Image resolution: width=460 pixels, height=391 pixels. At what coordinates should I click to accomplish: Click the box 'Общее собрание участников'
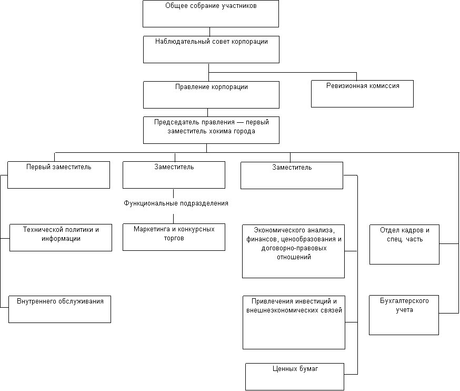211,14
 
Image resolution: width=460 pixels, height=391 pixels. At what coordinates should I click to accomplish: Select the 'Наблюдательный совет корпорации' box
211,50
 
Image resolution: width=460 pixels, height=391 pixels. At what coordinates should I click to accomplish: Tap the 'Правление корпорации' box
211,95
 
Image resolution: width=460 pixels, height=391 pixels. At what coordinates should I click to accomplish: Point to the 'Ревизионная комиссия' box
362,94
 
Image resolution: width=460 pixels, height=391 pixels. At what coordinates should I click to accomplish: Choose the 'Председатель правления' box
211,130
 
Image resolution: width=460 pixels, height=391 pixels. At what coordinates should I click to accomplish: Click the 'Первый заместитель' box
58,175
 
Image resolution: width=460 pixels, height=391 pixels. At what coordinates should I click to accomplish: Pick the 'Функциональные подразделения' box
176,206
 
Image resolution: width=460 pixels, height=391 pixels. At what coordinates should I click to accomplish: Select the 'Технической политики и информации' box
61,238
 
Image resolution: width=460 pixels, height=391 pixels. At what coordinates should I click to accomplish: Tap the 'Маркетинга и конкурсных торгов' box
174,237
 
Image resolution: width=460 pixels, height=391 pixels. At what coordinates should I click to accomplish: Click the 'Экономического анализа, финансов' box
293,251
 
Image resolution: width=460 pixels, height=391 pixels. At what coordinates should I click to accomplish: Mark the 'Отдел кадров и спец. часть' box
404,245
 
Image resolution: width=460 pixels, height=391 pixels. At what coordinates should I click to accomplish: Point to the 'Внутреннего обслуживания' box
59,309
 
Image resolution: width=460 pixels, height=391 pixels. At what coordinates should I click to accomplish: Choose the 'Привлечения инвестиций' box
294,322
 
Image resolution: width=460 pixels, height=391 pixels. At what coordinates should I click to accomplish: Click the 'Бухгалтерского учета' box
404,315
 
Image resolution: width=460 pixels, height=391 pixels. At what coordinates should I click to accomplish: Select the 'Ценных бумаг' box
295,377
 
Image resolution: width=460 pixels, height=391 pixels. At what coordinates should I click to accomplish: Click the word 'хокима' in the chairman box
221,131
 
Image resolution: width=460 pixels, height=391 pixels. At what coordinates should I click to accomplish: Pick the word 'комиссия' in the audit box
383,86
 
